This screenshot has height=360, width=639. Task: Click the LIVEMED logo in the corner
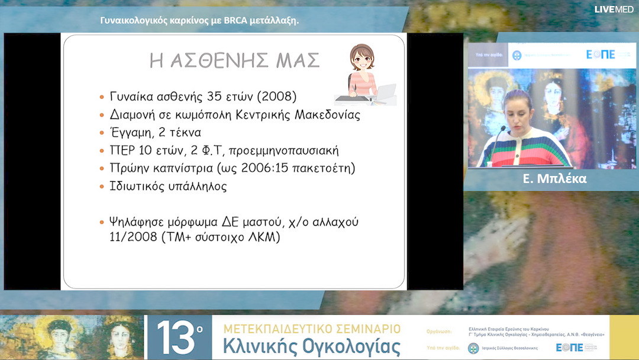click(x=614, y=9)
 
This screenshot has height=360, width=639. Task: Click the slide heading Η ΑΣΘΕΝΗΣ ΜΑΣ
click(x=234, y=60)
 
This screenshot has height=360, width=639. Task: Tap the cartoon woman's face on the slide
click(x=362, y=59)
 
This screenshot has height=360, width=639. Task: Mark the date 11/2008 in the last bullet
click(x=128, y=237)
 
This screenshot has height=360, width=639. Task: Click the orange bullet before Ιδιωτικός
click(x=102, y=186)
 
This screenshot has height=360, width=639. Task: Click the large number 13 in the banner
click(x=176, y=337)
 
